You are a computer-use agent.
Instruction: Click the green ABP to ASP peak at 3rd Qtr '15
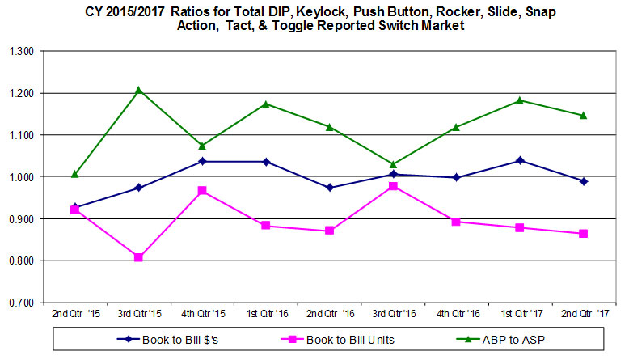coord(138,90)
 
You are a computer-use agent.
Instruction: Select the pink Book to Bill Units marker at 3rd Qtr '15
coord(138,257)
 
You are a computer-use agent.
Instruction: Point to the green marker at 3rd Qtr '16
coord(393,164)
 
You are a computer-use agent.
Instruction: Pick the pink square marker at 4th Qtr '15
coord(202,191)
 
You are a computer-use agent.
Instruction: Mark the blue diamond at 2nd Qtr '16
coord(329,188)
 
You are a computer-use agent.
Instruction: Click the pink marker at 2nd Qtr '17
coord(584,234)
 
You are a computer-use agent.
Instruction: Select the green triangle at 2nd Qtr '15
coord(75,174)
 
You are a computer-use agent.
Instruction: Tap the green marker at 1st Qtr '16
coord(266,104)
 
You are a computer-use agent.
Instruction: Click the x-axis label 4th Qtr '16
coord(456,313)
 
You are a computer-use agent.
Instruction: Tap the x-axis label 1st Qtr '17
coord(520,313)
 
